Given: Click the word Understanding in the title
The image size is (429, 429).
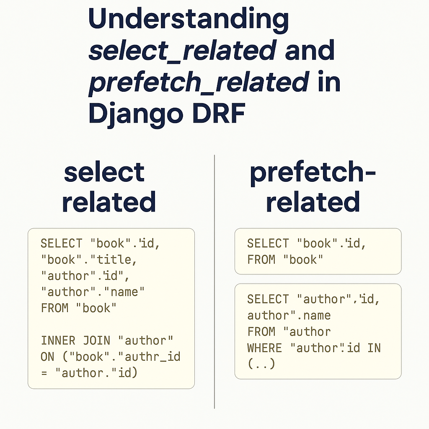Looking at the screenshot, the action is click(x=189, y=20).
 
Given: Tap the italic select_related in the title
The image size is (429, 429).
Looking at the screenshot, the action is click(x=182, y=51).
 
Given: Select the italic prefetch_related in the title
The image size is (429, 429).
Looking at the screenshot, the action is click(x=199, y=82).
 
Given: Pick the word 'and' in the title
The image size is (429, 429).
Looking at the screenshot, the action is click(x=310, y=51).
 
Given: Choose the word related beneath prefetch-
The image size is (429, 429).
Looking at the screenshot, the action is click(x=313, y=202).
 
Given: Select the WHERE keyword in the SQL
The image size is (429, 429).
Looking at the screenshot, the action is click(x=265, y=348).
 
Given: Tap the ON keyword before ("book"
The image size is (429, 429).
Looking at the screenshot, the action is click(x=48, y=356).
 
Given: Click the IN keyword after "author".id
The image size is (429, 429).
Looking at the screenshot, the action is click(x=374, y=348).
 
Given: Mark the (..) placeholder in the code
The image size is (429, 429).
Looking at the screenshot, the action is click(x=261, y=364).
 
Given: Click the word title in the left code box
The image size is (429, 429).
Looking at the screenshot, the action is click(x=114, y=260).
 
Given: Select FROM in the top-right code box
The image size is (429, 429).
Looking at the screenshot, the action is click(x=261, y=260).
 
